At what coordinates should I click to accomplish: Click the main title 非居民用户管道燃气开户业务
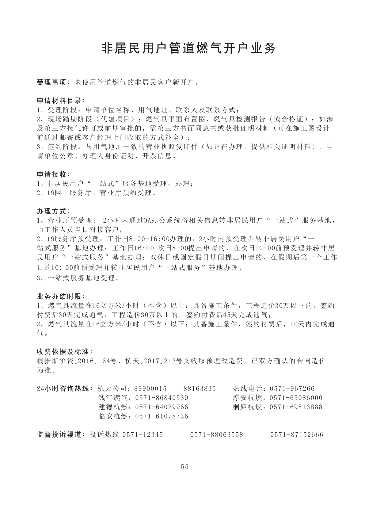pos(189,48)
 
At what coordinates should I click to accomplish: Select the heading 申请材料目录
pos(59,101)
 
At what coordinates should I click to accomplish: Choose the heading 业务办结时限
pos(59,296)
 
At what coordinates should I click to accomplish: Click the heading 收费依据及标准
pos(63,351)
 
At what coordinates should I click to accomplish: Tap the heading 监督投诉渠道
pos(59,434)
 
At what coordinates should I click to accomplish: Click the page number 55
pos(184,467)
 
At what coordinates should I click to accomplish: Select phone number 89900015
pos(150,389)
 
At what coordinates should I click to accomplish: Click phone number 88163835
pos(200,389)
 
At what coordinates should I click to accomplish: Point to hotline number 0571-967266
pos(292,389)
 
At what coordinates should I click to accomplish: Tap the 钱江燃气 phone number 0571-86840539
pos(162,398)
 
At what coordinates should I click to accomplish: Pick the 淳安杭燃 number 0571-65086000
pos(296,398)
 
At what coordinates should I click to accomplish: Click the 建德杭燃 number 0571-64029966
pos(162,407)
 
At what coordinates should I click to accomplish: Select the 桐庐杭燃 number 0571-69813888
pos(296,407)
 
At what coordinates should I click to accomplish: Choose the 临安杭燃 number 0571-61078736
pos(162,416)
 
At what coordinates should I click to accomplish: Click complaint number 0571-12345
pos(143,435)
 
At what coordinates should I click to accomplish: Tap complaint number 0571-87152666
pos(297,435)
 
